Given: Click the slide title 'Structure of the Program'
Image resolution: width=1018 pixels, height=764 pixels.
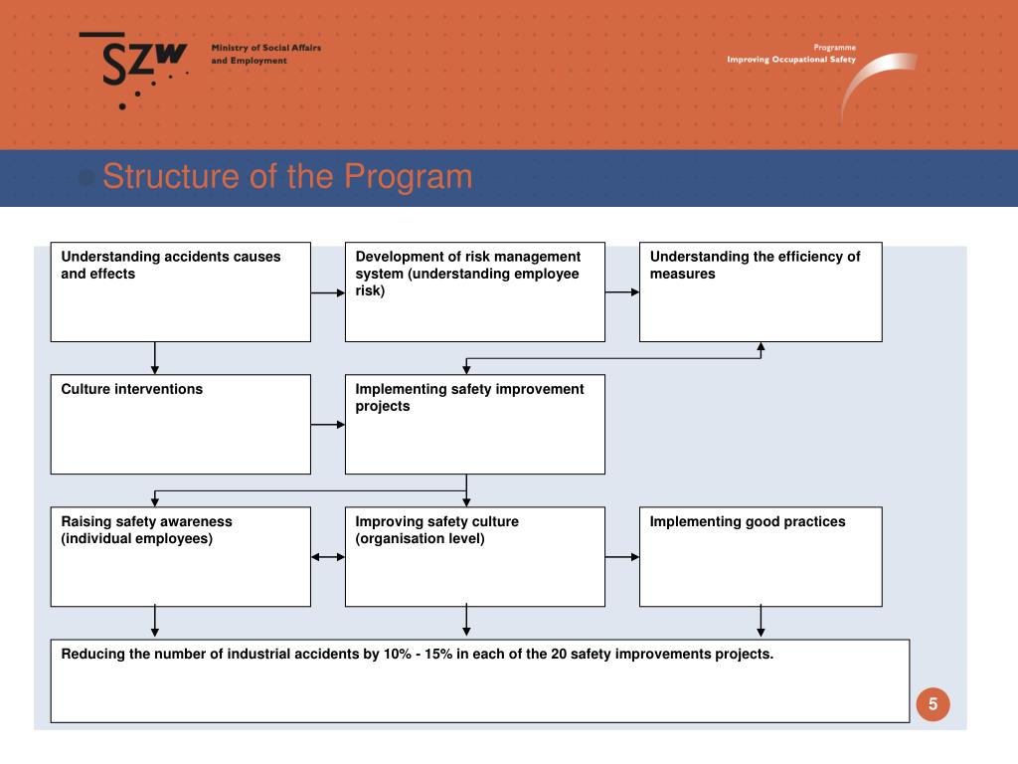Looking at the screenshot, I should [286, 177].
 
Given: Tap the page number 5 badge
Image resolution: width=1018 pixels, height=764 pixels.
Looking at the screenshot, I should [933, 704].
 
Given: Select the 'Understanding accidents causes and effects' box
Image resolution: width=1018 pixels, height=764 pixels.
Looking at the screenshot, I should [180, 291].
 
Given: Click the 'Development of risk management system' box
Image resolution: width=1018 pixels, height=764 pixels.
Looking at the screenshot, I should [474, 291].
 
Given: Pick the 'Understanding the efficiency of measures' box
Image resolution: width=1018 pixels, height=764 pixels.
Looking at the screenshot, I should [761, 291].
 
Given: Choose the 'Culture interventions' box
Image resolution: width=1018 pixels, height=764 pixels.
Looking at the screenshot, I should [180, 424].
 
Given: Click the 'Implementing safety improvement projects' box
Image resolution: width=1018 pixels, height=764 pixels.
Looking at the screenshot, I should [474, 424].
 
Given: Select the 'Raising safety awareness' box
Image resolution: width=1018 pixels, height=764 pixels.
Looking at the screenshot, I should [180, 556].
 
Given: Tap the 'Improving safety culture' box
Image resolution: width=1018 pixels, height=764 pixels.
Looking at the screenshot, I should [474, 556].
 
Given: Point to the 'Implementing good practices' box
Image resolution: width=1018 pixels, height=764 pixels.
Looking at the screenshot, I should [761, 556].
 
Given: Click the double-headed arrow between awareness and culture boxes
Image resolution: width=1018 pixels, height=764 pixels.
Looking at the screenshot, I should [328, 557].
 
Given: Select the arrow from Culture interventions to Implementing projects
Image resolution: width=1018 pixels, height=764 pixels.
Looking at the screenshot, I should [328, 425].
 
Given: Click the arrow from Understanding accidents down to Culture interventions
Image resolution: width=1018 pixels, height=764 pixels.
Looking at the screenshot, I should [155, 358].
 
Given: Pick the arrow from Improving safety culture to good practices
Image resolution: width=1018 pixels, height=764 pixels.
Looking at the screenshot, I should [622, 557].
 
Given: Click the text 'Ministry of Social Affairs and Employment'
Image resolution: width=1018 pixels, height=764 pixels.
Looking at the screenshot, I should [265, 55].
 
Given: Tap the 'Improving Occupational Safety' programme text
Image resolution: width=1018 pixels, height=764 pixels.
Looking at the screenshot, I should [790, 60].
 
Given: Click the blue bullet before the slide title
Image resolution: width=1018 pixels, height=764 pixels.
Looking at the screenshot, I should [86, 178].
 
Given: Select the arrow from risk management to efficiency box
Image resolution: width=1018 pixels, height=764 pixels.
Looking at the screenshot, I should [622, 292].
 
